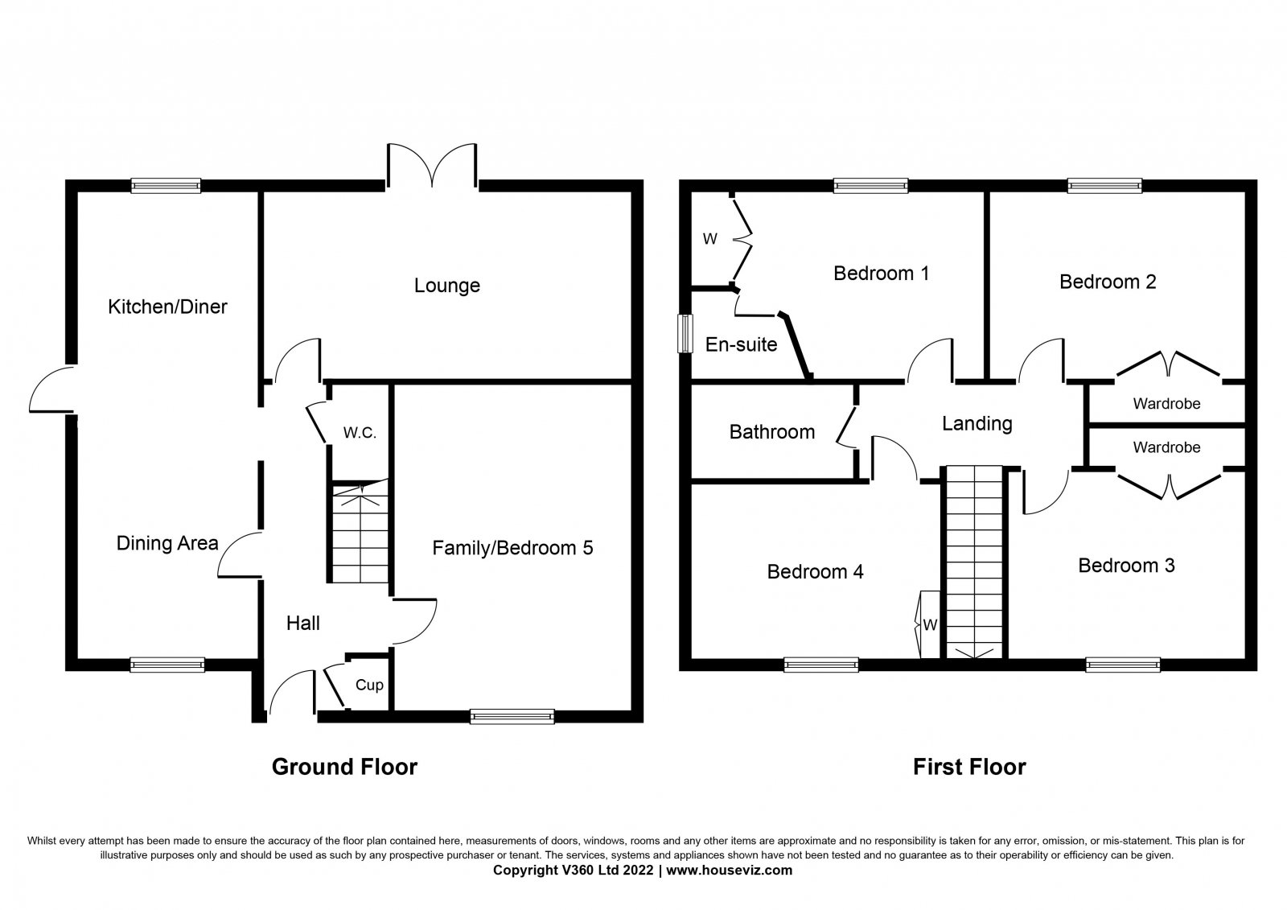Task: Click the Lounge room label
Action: [447, 286]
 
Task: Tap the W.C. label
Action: [360, 433]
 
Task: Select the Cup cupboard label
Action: [369, 686]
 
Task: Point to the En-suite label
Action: [741, 344]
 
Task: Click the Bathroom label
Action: [772, 432]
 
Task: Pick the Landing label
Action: [977, 424]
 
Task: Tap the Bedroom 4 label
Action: [816, 571]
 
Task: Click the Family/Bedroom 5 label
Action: [512, 548]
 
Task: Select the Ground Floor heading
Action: [345, 767]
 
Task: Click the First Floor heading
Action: [970, 767]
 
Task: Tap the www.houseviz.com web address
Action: [729, 871]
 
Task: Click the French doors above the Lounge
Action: [432, 165]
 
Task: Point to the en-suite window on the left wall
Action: [685, 333]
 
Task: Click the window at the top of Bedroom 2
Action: [1105, 186]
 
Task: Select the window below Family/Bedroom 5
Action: [512, 716]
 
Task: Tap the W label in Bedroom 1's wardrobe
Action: [710, 239]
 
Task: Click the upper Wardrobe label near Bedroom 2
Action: [1167, 404]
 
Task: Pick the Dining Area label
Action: [167, 543]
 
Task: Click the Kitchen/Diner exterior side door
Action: [51, 389]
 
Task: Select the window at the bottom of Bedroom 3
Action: [1123, 665]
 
